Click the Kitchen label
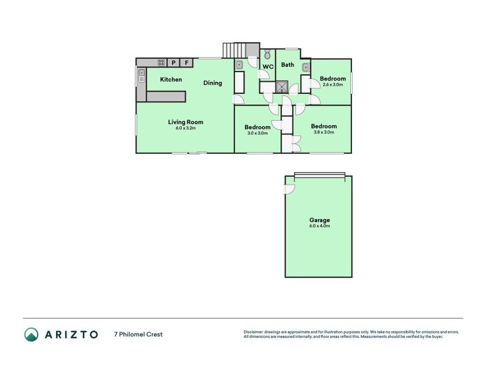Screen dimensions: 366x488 [171, 79]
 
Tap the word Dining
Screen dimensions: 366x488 [212, 83]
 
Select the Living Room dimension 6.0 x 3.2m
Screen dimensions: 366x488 [185, 128]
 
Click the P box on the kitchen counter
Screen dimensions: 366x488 [174, 62]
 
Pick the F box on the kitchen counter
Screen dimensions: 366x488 [187, 62]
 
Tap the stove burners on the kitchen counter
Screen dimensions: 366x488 [161, 62]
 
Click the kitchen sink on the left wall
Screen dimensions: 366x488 [142, 76]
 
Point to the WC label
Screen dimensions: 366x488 [268, 67]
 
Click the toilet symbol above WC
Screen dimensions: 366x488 [267, 54]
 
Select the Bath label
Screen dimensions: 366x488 [287, 65]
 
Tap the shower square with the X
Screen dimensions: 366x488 [282, 87]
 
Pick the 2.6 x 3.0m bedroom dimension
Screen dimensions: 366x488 [333, 85]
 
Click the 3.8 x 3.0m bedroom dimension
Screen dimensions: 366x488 [323, 132]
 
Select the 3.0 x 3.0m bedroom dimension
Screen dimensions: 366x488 [258, 133]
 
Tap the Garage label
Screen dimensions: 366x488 [319, 220]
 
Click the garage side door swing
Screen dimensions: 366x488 [289, 188]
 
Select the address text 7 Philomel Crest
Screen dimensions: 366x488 [138, 334]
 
